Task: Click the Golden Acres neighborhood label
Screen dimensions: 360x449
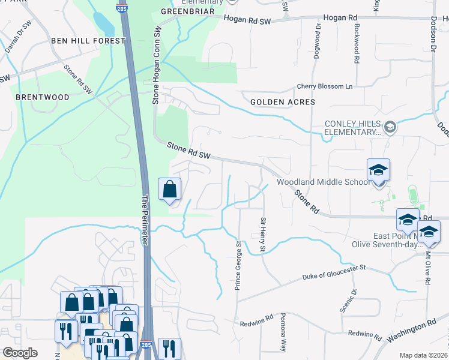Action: pos(282,102)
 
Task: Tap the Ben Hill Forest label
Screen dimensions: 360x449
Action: pos(88,41)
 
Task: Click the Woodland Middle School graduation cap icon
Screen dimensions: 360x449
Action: pos(378,170)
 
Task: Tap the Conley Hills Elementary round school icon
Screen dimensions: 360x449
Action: pos(390,127)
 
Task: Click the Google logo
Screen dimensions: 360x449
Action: pos(20,353)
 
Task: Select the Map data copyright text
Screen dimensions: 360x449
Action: pos(423,355)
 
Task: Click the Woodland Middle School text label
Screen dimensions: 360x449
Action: pos(323,182)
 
